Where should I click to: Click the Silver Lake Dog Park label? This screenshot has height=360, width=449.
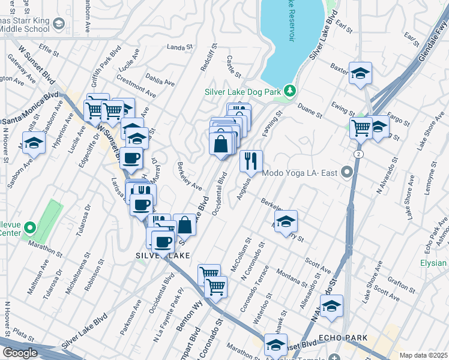(x=243, y=92)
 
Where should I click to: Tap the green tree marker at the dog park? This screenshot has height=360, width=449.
(x=291, y=91)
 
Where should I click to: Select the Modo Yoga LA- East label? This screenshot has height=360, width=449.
(x=300, y=173)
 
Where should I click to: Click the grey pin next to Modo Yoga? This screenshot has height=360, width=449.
(x=346, y=173)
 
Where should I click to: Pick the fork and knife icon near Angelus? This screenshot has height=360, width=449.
(x=251, y=160)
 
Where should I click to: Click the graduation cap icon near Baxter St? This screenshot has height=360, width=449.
(x=360, y=73)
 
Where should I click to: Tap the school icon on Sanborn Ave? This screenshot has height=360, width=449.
(x=34, y=143)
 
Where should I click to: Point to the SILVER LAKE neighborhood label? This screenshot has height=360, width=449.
(x=163, y=255)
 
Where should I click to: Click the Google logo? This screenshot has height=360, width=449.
(x=19, y=353)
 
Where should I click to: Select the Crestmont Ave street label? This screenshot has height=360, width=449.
(x=136, y=86)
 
